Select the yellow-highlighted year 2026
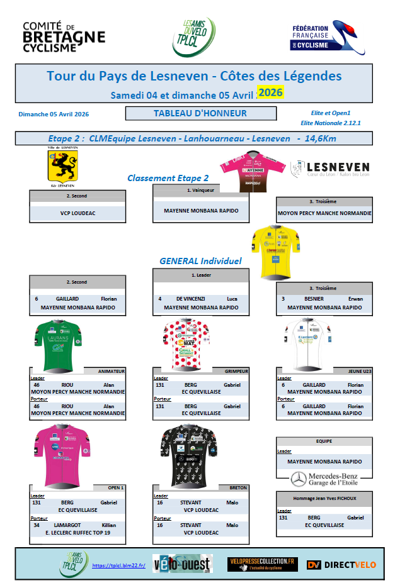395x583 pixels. coord(270,93)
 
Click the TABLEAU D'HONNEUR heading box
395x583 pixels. coord(200,114)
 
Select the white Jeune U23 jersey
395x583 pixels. coord(306,345)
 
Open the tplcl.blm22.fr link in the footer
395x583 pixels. coord(119,565)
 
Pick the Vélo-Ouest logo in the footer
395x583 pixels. coord(181,565)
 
